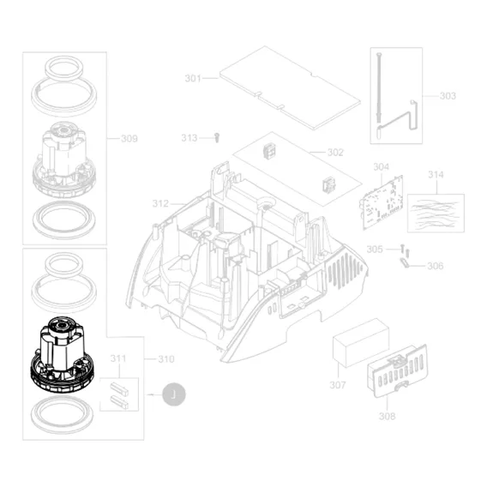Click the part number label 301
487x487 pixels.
(x=193, y=78)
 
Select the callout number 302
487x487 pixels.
(x=335, y=153)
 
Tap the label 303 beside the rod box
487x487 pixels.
(x=448, y=96)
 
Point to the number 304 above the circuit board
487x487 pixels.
(x=381, y=167)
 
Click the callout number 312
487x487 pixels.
(x=160, y=204)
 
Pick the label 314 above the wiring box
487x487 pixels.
(x=436, y=175)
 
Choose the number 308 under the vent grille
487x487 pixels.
(x=387, y=416)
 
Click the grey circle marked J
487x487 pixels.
(x=174, y=394)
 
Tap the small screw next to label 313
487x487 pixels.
(x=218, y=137)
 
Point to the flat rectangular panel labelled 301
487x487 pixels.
(x=290, y=88)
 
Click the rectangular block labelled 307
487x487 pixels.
(x=360, y=343)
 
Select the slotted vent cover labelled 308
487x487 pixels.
(x=398, y=370)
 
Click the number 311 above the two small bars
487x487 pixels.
(x=118, y=358)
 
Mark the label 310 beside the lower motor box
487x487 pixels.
(x=166, y=359)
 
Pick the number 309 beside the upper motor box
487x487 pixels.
(x=129, y=139)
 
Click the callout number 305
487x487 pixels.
(x=375, y=250)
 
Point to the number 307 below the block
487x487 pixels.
(x=338, y=385)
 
